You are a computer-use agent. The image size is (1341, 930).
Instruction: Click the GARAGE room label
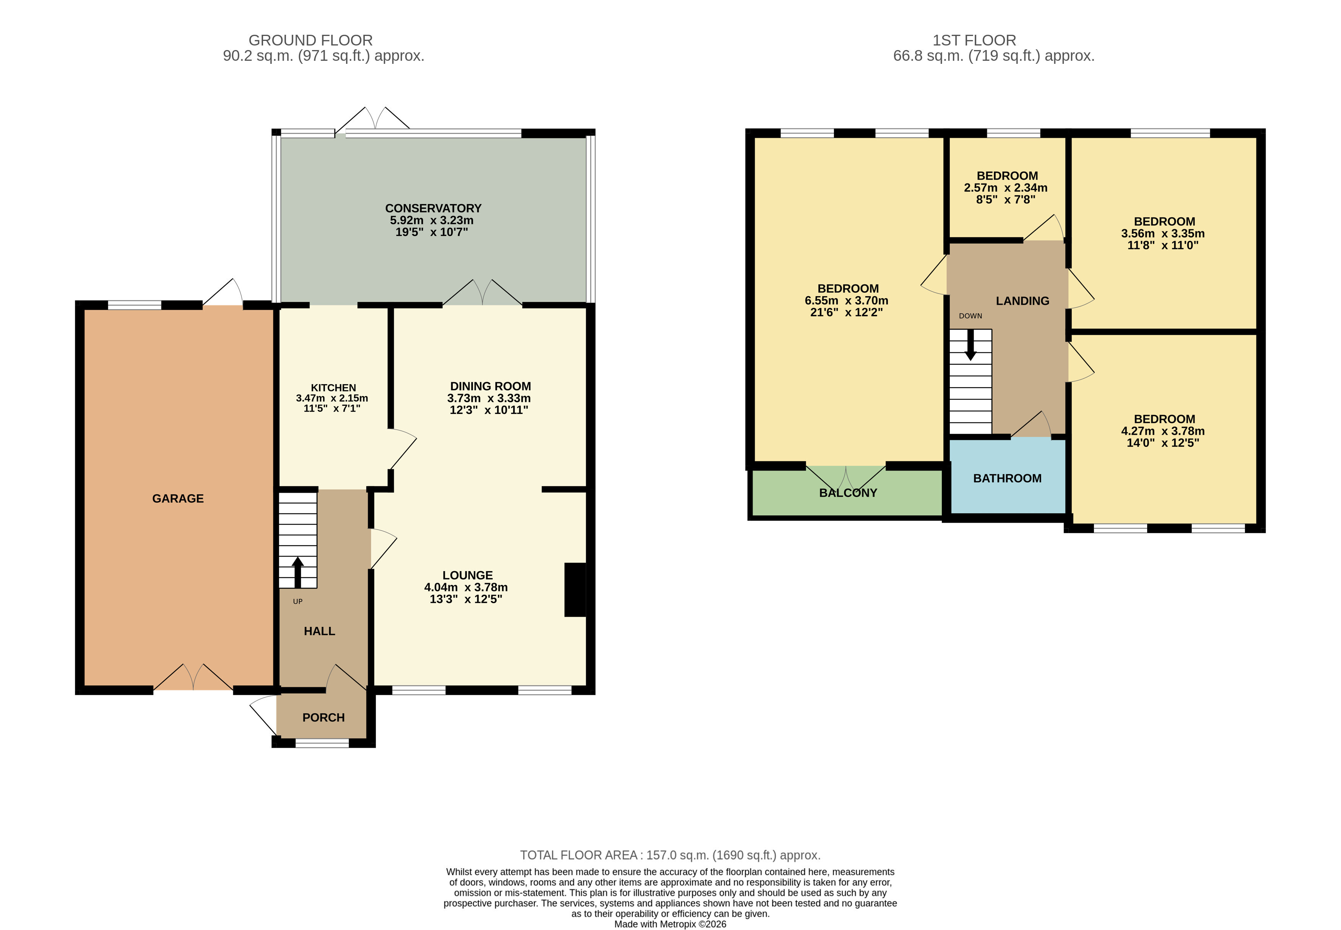(x=178, y=498)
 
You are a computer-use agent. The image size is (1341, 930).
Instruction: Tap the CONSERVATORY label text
(x=433, y=208)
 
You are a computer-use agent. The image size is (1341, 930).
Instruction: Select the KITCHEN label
(x=333, y=388)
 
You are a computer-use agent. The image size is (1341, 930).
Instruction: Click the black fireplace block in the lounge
(x=575, y=589)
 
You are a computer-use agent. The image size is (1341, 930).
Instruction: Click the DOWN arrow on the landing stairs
(x=970, y=345)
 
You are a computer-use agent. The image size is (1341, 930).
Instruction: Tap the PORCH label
(x=323, y=717)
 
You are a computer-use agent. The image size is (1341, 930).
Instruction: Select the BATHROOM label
(x=1007, y=478)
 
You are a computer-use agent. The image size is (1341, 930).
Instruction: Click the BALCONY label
(x=848, y=492)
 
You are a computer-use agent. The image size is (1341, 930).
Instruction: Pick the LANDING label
(x=1022, y=301)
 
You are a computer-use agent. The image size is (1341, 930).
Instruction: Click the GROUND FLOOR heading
(x=310, y=40)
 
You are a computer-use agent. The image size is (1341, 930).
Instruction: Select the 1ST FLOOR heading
(x=974, y=40)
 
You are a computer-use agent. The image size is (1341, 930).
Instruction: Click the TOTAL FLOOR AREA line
(x=670, y=855)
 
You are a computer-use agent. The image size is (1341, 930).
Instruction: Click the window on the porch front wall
(x=322, y=743)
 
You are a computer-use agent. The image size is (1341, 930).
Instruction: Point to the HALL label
(x=319, y=631)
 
